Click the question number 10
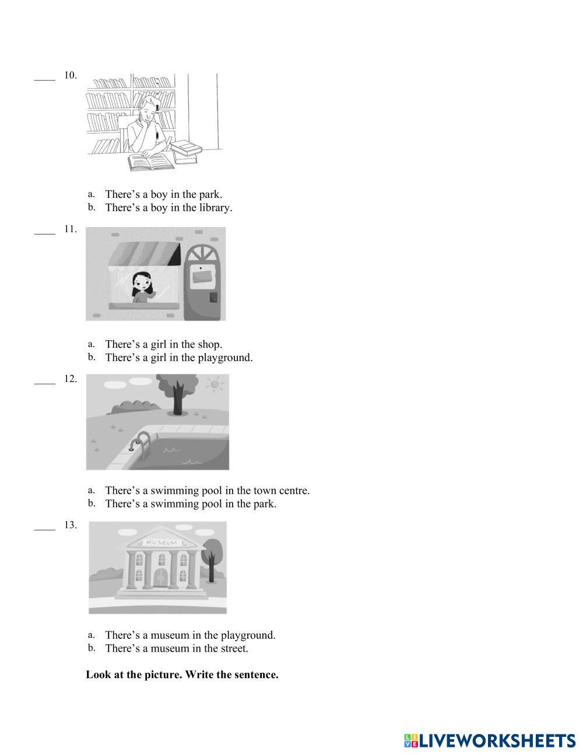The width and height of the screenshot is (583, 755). [x=70, y=75]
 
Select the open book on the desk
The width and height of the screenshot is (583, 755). [x=151, y=161]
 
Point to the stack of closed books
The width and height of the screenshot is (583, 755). [x=187, y=151]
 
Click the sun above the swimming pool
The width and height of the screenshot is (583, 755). [x=216, y=385]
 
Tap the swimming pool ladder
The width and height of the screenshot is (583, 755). [x=141, y=444]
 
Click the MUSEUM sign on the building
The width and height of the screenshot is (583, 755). [x=161, y=543]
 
